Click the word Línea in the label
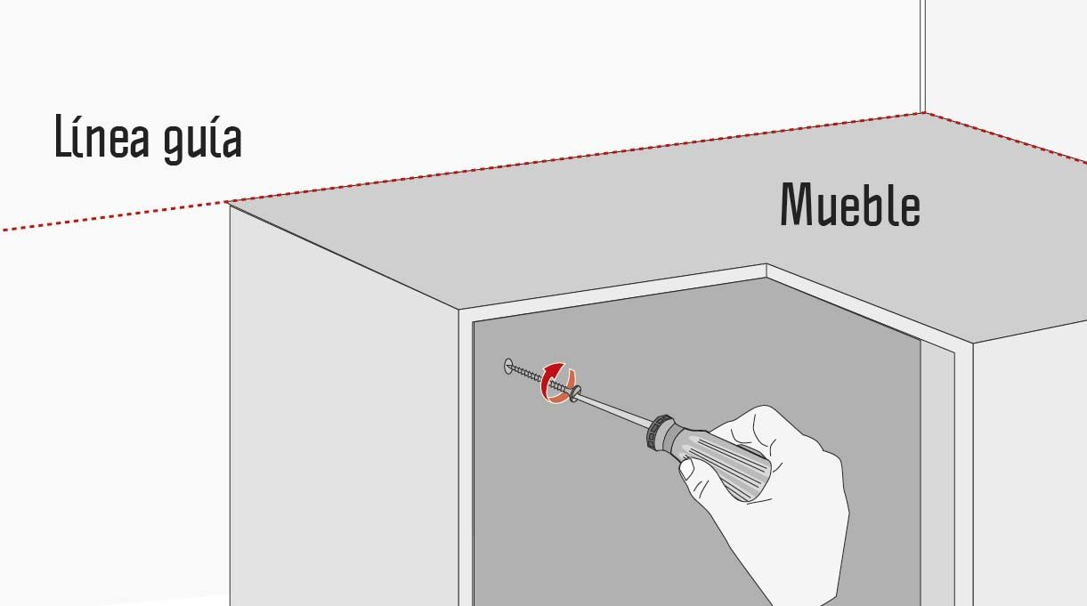point(101,137)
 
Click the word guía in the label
point(202,140)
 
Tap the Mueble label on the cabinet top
point(849,205)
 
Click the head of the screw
point(575,393)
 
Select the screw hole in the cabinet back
point(508,367)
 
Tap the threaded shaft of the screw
point(539,379)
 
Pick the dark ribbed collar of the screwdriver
point(660,432)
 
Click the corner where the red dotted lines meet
point(923,113)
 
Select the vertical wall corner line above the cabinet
point(922,56)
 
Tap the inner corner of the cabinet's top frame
point(767,265)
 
